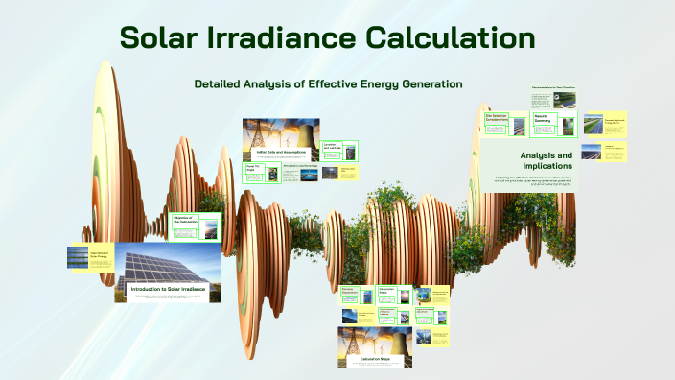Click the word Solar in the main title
point(164,38)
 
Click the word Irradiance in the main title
point(297,38)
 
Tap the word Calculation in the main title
point(459,38)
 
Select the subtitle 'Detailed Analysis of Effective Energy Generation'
point(328,84)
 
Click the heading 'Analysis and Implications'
point(546,160)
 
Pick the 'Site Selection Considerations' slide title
point(499,118)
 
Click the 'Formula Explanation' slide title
point(348,290)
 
